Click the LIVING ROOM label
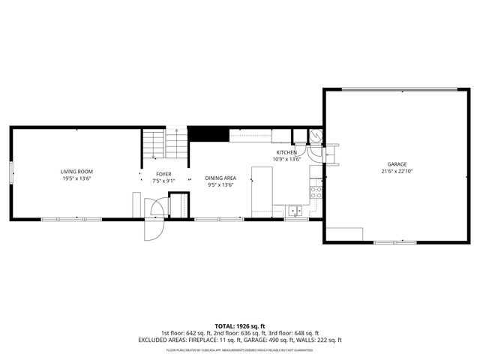click(x=76, y=171)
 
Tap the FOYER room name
click(x=163, y=174)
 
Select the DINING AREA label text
click(x=220, y=178)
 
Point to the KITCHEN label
click(x=286, y=152)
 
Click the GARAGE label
click(x=397, y=163)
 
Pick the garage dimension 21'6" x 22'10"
click(x=397, y=171)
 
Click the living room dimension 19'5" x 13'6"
click(x=76, y=178)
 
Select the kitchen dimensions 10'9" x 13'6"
click(x=286, y=159)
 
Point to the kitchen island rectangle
click(x=261, y=191)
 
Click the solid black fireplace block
click(x=208, y=133)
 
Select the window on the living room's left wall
click(x=11, y=172)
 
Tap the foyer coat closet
click(x=178, y=205)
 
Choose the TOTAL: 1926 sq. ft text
click(x=240, y=325)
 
